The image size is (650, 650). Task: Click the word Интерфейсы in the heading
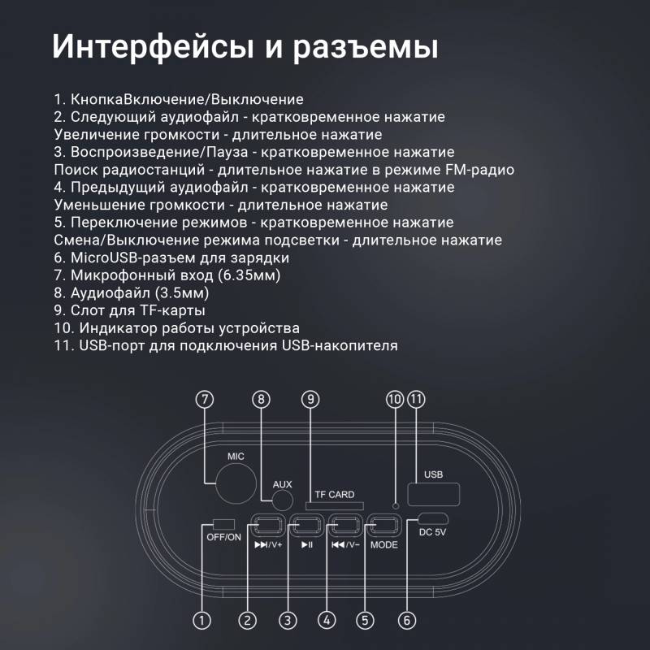pyautogui.click(x=153, y=47)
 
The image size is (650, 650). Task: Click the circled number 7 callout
pyautogui.click(x=205, y=400)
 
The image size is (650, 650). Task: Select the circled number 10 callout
pyautogui.click(x=395, y=400)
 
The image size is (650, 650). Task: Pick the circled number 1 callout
pyautogui.click(x=201, y=621)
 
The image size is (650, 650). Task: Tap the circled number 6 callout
pyautogui.click(x=407, y=621)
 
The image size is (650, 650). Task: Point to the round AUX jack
pyautogui.click(x=283, y=500)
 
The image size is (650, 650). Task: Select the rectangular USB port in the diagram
pyautogui.click(x=434, y=494)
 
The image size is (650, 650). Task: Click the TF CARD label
pyautogui.click(x=335, y=495)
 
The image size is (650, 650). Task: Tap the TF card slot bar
pyautogui.click(x=335, y=505)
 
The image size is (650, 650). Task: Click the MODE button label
pyautogui.click(x=384, y=544)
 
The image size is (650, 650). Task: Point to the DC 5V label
pyautogui.click(x=432, y=532)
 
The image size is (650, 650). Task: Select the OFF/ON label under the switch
pyautogui.click(x=224, y=537)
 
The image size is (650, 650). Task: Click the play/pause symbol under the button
pyautogui.click(x=307, y=544)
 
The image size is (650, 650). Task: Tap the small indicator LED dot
pyautogui.click(x=396, y=505)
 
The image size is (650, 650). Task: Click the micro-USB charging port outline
pyautogui.click(x=433, y=518)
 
